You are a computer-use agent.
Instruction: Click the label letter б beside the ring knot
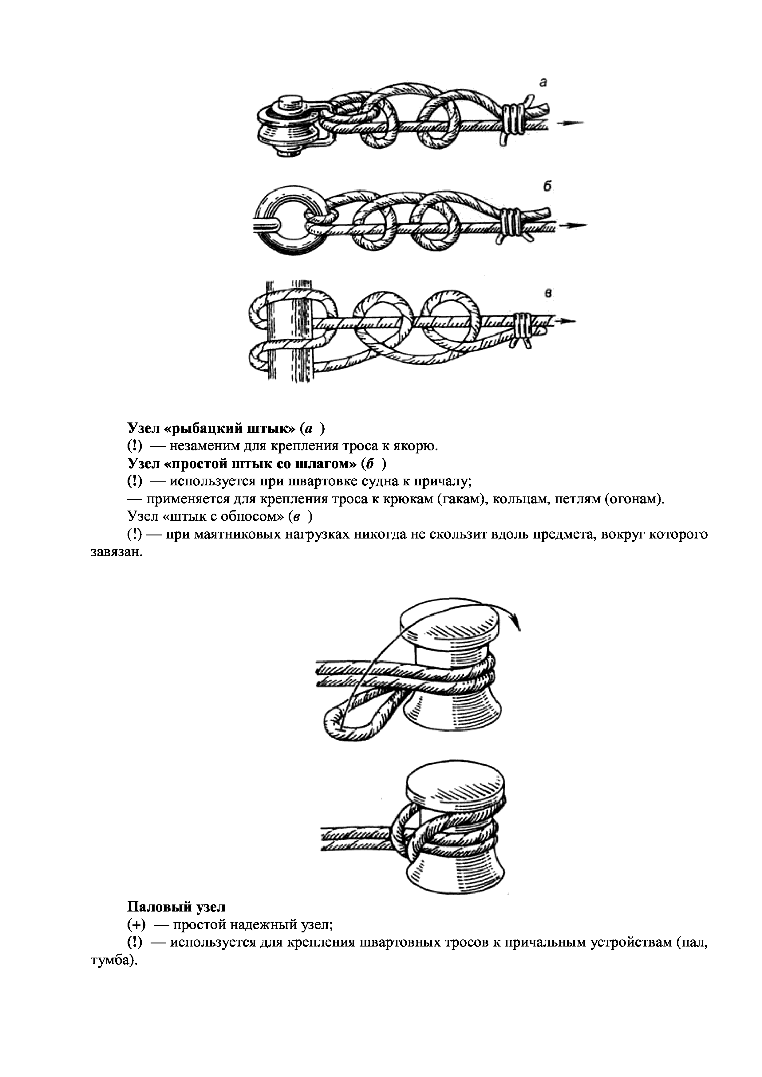(x=547, y=187)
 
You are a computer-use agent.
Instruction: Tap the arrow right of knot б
(x=574, y=226)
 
